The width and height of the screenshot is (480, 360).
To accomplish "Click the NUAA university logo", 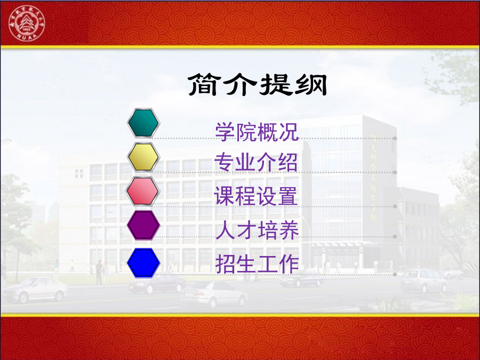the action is (27, 23).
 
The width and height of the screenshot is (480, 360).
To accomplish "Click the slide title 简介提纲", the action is (258, 84).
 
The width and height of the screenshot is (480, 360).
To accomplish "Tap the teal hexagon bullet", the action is (143, 123).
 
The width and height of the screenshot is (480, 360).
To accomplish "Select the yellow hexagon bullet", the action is (143, 157).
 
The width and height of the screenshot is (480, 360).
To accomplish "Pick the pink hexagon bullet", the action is (143, 191).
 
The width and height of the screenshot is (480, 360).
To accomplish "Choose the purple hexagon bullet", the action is (143, 225).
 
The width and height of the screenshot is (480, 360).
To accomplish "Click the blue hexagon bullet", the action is (143, 263).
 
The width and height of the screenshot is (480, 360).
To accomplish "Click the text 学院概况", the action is (257, 132).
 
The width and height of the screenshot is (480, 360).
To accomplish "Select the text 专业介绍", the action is (256, 162).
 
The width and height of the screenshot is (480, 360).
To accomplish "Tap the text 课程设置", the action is (255, 196).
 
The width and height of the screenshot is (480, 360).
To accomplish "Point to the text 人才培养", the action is (257, 230).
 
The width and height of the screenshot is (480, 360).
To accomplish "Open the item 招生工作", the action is (257, 264).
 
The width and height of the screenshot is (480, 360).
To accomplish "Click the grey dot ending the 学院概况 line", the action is (395, 138).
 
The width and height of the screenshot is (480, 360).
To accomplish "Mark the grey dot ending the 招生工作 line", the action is (395, 274).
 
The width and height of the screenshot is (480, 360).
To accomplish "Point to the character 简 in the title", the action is (204, 84).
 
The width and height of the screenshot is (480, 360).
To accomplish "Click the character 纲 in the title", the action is (310, 85).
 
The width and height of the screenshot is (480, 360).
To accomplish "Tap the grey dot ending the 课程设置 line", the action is (395, 206).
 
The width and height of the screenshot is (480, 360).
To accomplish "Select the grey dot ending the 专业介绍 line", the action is (395, 172).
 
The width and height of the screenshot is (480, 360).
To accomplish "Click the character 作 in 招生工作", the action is (289, 264).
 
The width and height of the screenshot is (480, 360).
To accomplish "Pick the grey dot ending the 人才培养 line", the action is (395, 237).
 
